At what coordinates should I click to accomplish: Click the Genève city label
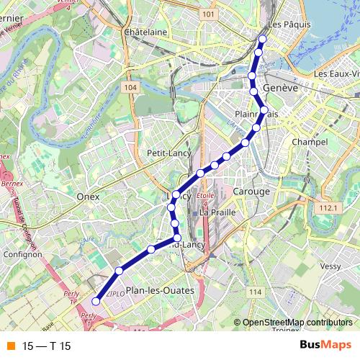click(281, 87)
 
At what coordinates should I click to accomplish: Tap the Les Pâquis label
click(287, 22)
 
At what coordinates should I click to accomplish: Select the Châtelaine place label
click(145, 32)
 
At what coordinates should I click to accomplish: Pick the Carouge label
click(251, 192)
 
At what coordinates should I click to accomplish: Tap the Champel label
click(310, 143)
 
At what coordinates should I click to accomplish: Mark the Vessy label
click(330, 266)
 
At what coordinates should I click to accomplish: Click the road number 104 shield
click(130, 87)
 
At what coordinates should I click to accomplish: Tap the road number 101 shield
click(209, 14)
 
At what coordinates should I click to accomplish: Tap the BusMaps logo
click(326, 345)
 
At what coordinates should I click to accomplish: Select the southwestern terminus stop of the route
click(96, 301)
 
